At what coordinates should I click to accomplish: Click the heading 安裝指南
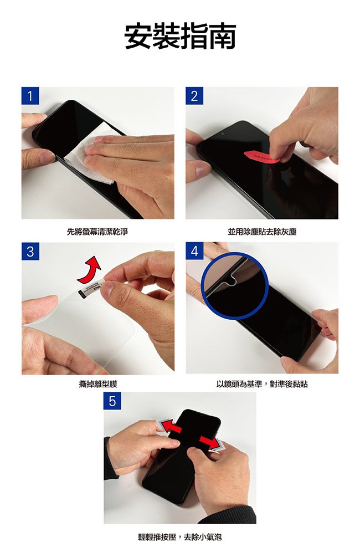click(x=180, y=37)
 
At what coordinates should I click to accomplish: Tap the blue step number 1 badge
click(x=30, y=96)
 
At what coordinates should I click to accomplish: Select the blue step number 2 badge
click(x=194, y=96)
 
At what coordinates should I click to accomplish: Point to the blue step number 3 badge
click(x=30, y=251)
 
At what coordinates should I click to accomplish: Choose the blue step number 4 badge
click(x=194, y=251)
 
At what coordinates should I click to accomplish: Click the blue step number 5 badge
click(x=112, y=401)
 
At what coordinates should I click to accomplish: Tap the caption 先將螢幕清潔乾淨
click(x=97, y=232)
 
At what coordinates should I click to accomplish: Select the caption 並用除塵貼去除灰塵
click(x=262, y=232)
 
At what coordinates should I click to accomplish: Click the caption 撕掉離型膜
click(x=98, y=384)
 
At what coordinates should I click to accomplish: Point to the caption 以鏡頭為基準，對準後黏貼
click(x=262, y=384)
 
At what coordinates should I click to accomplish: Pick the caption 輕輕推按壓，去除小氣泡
click(x=180, y=537)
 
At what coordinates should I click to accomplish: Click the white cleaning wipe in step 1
click(x=89, y=153)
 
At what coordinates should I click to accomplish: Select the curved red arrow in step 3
click(x=89, y=270)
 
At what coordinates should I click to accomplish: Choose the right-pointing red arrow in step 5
click(x=210, y=442)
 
